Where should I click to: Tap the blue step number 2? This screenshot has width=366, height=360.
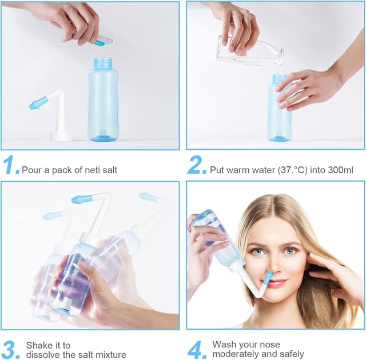[196, 165]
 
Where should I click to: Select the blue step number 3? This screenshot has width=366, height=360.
[11, 349]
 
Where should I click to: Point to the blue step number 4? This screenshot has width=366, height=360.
[197, 349]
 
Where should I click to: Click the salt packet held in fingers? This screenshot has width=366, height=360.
[102, 41]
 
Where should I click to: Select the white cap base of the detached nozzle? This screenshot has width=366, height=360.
[60, 136]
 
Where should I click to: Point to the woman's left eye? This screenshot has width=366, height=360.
[291, 250]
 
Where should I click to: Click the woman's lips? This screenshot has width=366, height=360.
[277, 282]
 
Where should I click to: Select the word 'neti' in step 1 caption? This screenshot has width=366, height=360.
[86, 170]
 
